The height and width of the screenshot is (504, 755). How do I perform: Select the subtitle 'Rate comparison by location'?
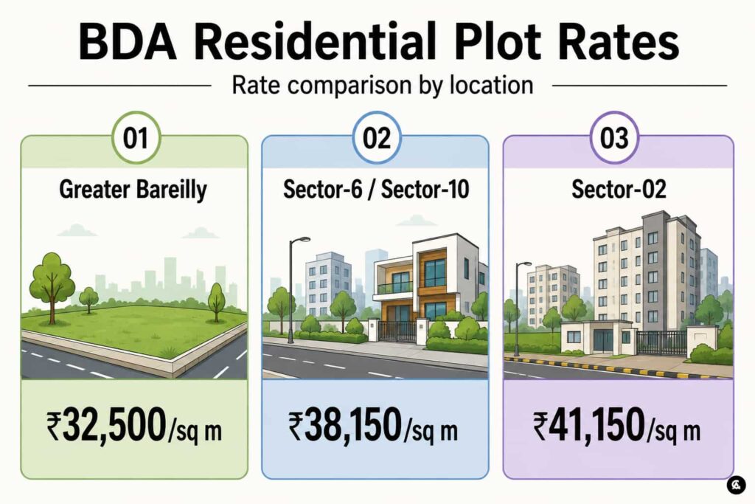click(x=383, y=86)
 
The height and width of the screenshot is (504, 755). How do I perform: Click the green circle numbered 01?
click(x=136, y=138)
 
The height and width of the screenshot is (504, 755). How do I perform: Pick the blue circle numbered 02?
click(x=377, y=138)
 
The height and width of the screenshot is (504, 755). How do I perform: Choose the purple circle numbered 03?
click(x=614, y=138)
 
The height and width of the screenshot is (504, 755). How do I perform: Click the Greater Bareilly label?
click(x=133, y=190)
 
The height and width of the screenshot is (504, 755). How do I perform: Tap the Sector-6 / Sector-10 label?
click(x=376, y=189)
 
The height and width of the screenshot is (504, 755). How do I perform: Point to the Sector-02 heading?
click(x=619, y=189)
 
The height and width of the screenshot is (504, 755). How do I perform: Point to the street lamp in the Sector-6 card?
click(x=292, y=289)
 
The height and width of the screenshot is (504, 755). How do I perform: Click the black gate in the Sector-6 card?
click(x=397, y=331)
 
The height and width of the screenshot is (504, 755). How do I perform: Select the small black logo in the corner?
click(x=736, y=484)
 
